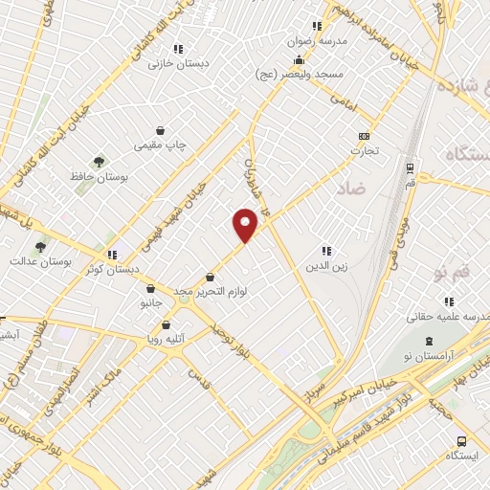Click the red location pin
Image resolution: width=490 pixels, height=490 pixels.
click(x=246, y=225)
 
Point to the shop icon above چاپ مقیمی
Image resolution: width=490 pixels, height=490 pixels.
click(x=160, y=131)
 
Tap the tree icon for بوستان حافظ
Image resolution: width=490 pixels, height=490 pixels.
click(x=98, y=162)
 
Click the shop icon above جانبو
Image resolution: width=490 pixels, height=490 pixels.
click(x=150, y=288)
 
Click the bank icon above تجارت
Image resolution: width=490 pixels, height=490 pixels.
click(x=363, y=136)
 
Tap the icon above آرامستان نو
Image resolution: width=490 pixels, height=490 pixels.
click(x=429, y=341)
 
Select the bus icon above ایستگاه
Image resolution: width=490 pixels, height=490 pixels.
click(x=462, y=441)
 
